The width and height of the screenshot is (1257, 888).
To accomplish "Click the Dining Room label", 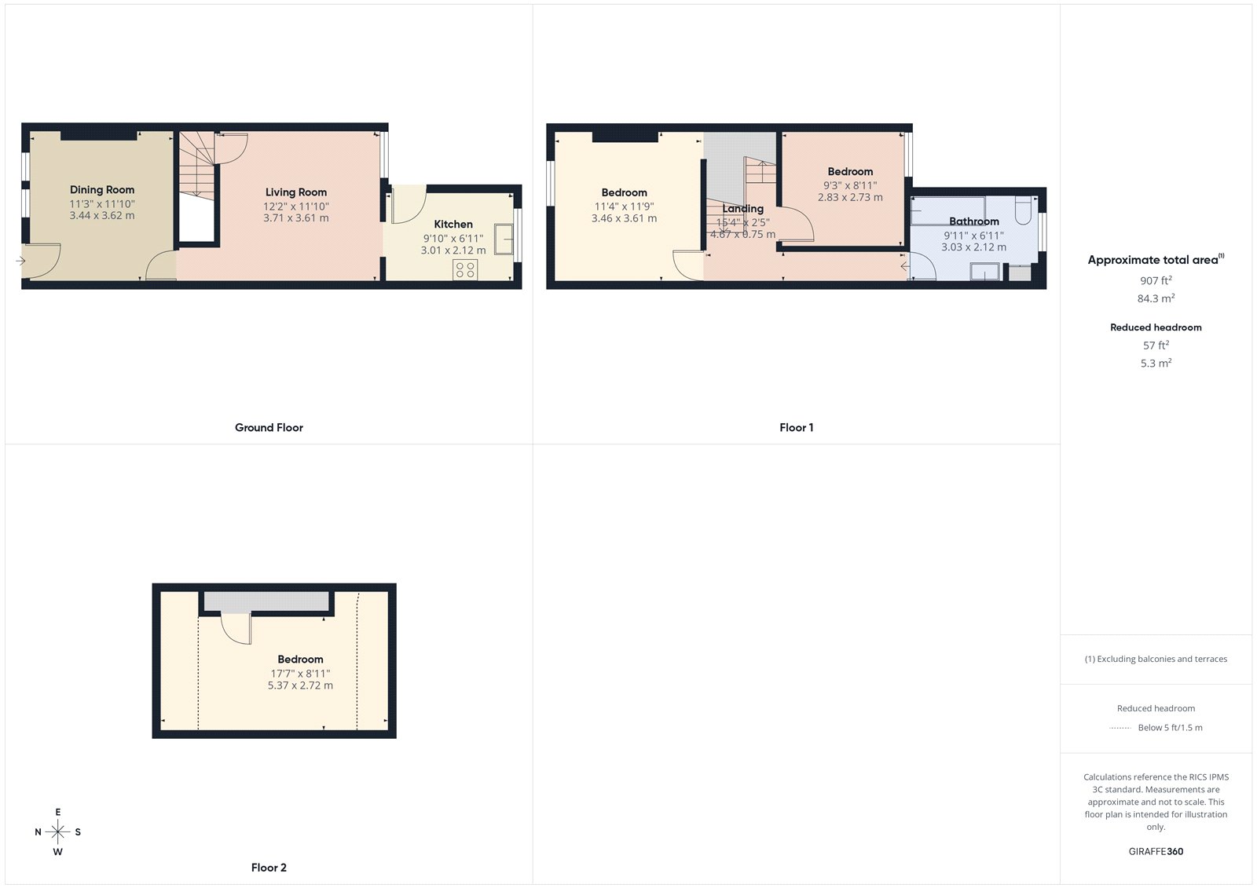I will click(x=102, y=189).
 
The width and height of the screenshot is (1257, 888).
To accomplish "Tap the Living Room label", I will click(x=295, y=192).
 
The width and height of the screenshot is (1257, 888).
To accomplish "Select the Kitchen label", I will click(x=453, y=224).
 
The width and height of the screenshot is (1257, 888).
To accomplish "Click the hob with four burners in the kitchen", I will click(x=465, y=270).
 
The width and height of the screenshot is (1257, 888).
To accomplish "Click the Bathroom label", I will click(x=973, y=221).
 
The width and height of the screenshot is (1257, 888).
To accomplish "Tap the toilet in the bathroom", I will click(x=1023, y=211).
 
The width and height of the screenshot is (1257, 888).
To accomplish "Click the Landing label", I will click(x=742, y=209).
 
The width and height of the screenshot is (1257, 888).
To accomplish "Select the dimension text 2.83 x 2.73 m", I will click(x=850, y=197).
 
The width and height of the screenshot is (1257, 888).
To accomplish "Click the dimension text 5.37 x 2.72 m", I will click(x=300, y=685).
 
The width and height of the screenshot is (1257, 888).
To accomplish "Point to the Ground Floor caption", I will click(x=269, y=428).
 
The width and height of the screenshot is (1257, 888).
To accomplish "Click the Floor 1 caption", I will click(x=796, y=428).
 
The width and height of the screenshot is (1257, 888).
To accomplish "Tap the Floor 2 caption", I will click(x=269, y=868).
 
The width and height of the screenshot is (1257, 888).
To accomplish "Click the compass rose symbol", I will click(x=58, y=831).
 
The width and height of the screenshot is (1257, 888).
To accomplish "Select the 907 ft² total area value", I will click(x=1156, y=280).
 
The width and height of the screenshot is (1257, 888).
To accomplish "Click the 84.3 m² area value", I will click(x=1156, y=298).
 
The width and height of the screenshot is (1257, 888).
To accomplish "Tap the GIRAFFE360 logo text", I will click(x=1156, y=851).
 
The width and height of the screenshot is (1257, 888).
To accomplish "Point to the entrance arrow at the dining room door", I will click(x=20, y=261).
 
